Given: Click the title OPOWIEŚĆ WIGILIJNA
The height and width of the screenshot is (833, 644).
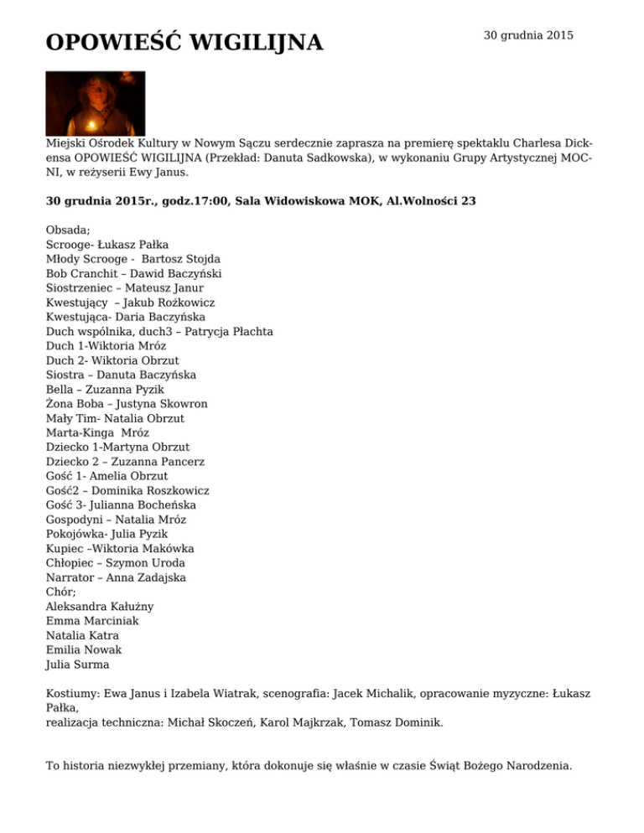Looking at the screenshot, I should tap(184, 42).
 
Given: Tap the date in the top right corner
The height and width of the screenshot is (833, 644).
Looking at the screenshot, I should tap(528, 35).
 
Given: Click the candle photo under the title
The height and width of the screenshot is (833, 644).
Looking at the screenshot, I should tap(95, 103).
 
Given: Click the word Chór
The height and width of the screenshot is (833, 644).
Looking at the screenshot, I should tap(61, 592).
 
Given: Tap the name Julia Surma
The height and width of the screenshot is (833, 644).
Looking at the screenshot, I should tap(77, 665).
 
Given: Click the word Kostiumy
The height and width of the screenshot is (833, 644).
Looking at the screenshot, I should tap(74, 695).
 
